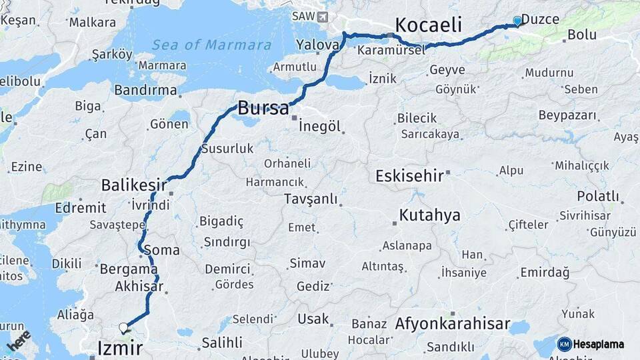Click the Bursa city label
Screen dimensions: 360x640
click(x=263, y=108)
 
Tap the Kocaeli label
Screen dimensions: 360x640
click(x=428, y=25)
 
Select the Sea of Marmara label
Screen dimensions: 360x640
click(x=211, y=45)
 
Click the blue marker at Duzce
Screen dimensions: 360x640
click(x=517, y=21)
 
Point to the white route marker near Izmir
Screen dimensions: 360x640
click(x=123, y=327)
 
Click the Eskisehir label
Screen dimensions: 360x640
click(x=409, y=177)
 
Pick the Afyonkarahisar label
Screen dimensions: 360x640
click(x=452, y=325)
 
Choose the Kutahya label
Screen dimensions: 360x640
click(x=429, y=215)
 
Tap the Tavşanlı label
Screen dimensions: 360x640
click(x=311, y=199)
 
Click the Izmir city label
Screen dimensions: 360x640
click(x=120, y=347)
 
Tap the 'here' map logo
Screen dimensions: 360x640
click(x=18, y=340)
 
